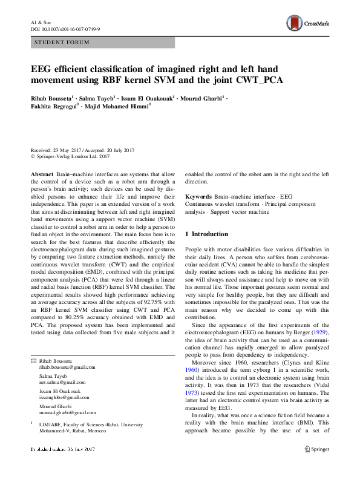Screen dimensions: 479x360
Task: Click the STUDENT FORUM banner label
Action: (62, 42)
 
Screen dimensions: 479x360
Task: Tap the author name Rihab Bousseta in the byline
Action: (52, 97)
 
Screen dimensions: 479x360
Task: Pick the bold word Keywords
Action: (198, 197)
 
